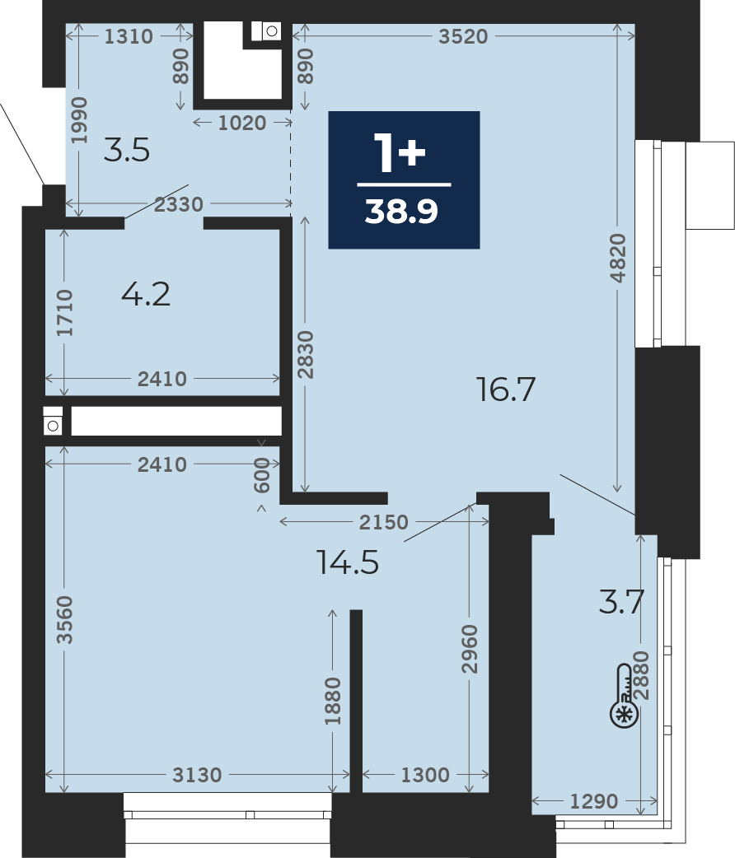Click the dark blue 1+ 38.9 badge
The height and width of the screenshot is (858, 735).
[404, 180]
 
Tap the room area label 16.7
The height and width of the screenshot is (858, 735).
[505, 389]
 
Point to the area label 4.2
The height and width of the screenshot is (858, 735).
[146, 295]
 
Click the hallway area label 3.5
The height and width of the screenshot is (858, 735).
[127, 150]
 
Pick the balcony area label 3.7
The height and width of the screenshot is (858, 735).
[621, 601]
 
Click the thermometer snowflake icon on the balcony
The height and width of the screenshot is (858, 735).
[625, 696]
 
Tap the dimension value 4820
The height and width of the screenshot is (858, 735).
[618, 258]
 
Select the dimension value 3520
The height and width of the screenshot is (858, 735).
[463, 36]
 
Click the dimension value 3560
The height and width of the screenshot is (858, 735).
[64, 619]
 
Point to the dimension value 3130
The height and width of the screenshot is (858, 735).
[197, 775]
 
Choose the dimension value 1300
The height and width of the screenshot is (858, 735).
[425, 775]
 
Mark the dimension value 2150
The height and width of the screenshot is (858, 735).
[384, 522]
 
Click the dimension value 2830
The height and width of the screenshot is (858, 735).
[306, 355]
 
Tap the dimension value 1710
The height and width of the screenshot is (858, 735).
[64, 313]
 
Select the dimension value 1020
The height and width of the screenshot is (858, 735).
[242, 123]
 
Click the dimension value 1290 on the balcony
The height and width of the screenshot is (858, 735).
[594, 802]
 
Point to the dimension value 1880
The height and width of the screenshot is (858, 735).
[333, 701]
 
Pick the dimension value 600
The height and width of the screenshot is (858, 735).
[262, 475]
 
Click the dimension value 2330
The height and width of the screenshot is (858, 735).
[179, 204]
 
